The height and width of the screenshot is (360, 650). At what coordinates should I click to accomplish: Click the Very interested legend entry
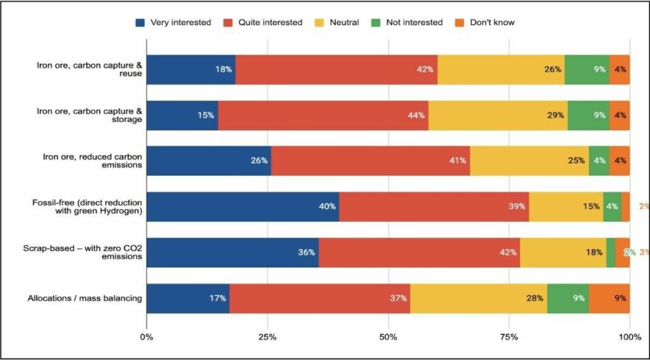(173, 22)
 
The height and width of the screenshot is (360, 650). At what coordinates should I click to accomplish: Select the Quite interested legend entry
(263, 22)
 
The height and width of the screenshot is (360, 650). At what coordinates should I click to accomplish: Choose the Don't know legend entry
(485, 22)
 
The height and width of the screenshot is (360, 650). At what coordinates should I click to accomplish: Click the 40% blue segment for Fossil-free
(242, 206)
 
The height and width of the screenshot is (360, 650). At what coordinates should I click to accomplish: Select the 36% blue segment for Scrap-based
(232, 252)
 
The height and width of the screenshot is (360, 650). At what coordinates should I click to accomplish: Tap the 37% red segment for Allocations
(320, 298)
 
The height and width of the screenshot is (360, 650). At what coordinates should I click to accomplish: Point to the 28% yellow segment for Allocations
(479, 298)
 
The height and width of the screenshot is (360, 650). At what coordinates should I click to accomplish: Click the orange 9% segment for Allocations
(609, 298)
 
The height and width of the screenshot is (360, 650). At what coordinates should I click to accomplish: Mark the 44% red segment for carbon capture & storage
(323, 115)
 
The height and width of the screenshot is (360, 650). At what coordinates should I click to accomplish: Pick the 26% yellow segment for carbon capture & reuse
(501, 69)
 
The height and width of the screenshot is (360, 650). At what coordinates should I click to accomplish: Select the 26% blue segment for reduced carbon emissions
(209, 160)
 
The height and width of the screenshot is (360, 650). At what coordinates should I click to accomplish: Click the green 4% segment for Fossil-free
(612, 206)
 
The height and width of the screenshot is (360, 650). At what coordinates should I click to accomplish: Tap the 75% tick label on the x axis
(509, 336)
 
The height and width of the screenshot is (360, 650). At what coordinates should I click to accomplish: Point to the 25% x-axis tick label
(267, 336)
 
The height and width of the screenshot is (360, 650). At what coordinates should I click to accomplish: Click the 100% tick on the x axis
(630, 336)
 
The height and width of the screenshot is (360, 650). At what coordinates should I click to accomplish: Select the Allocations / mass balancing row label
(85, 298)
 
